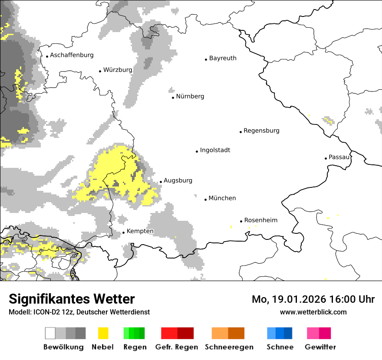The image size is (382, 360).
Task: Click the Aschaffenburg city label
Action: click(x=72, y=55)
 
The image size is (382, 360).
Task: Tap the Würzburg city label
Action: click(x=118, y=70)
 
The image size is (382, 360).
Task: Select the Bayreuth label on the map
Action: click(x=223, y=58)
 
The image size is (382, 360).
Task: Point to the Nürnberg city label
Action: click(x=190, y=96)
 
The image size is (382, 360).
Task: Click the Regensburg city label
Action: click(x=261, y=131)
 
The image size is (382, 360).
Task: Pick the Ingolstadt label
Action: click(x=215, y=150)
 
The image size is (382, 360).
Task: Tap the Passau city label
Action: click(x=339, y=157)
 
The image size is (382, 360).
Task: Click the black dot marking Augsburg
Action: click(x=161, y=182)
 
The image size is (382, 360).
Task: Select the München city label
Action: click(x=222, y=198)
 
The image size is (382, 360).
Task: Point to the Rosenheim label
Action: click(x=260, y=220)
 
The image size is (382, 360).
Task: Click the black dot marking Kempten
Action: click(x=123, y=233)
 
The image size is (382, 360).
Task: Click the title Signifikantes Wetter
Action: click(x=72, y=299)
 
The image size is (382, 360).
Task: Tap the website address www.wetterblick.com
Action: click(x=313, y=312)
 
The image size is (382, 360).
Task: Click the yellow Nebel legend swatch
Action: click(x=103, y=333)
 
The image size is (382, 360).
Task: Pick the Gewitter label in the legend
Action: click(x=320, y=347)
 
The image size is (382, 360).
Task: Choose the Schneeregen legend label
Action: click(x=229, y=347)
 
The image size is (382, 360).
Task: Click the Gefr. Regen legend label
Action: click(x=177, y=347)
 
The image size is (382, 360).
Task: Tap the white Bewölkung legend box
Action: click(x=50, y=333)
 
